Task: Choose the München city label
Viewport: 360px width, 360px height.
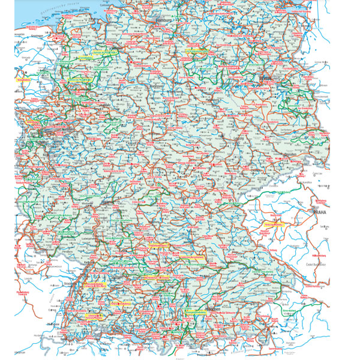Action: (x=214, y=309)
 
